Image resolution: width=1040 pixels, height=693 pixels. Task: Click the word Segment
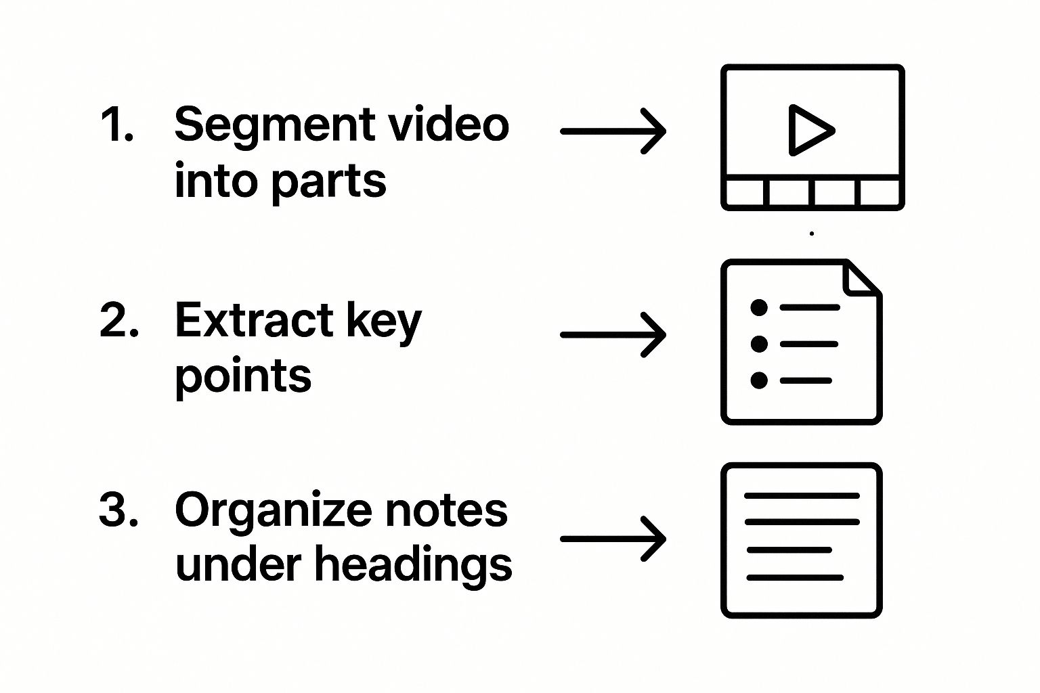click(x=275, y=127)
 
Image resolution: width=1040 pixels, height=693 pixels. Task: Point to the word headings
click(x=413, y=566)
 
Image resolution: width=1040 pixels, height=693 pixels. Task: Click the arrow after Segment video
click(x=613, y=131)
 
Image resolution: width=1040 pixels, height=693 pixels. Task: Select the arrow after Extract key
click(x=613, y=334)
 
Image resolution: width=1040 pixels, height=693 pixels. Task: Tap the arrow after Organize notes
click(x=613, y=539)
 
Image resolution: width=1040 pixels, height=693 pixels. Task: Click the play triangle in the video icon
click(x=808, y=130)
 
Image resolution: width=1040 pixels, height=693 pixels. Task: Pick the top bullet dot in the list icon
click(x=759, y=307)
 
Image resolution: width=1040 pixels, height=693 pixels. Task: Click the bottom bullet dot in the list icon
click(x=759, y=380)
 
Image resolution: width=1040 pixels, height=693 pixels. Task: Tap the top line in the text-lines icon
click(x=802, y=496)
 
